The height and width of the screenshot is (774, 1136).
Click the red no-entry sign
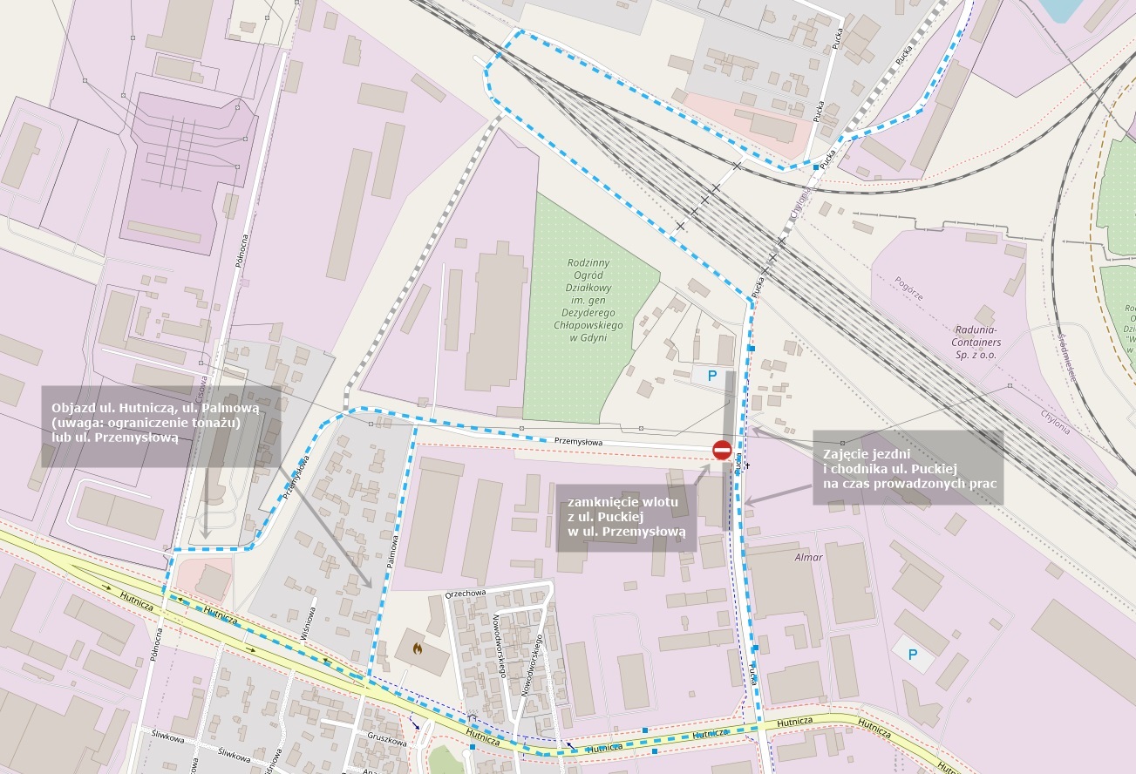point(722,451)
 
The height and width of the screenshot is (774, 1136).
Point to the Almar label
point(808,557)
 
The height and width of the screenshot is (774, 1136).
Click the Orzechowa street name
point(465,593)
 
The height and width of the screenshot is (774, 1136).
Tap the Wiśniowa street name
point(308,624)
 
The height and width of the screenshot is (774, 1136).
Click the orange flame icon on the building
point(418,649)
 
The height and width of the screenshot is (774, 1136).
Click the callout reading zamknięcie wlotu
point(626,517)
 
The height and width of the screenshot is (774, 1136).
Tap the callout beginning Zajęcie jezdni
point(908,468)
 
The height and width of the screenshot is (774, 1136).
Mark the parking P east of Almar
point(913,654)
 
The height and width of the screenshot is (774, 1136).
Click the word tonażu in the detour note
point(214,423)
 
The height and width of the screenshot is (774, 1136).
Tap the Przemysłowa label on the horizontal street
point(578,442)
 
